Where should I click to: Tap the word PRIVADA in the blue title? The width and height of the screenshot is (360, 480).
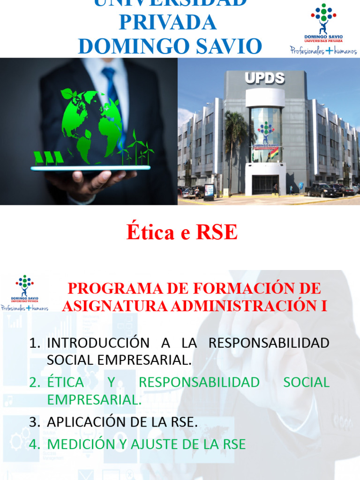(167, 22)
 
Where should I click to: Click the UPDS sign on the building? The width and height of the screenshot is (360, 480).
(265, 78)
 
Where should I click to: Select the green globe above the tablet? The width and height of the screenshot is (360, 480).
(91, 124)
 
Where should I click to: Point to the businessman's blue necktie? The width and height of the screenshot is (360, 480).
(112, 94)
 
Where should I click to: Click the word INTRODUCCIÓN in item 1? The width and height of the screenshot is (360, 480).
(98, 343)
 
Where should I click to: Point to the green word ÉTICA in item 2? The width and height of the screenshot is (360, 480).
(66, 382)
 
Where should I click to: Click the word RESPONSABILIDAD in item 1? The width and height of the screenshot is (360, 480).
(269, 343)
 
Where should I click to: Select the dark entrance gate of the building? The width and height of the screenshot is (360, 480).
(265, 184)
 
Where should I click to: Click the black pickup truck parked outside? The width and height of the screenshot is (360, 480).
(321, 190)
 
